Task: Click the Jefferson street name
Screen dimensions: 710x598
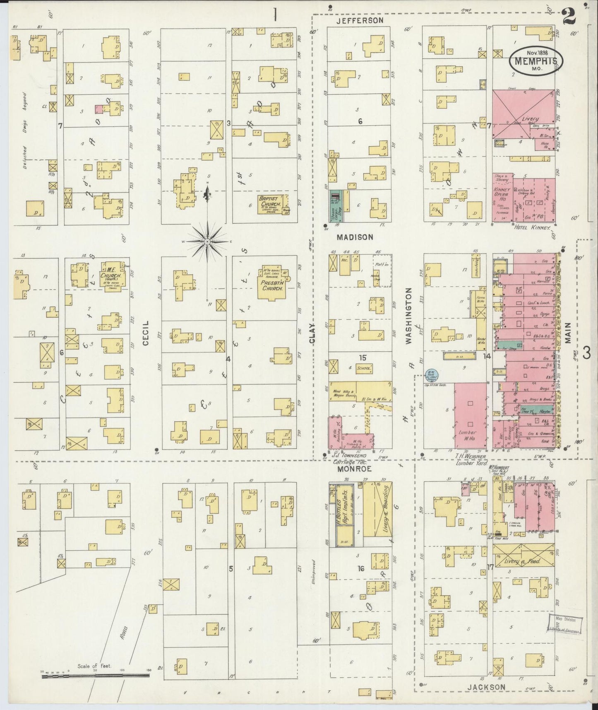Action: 359,20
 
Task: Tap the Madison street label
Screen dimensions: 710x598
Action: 355,237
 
